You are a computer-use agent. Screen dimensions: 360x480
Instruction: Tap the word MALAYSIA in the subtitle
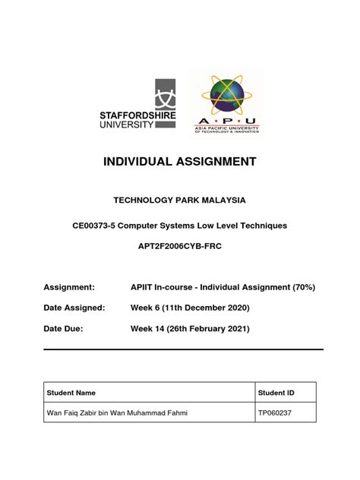222,200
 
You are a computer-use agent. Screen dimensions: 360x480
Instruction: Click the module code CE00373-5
96,226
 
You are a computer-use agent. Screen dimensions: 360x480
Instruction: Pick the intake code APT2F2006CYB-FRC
179,248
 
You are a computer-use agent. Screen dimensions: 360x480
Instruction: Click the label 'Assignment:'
69,287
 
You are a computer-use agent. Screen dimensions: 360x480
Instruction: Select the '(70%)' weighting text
300,287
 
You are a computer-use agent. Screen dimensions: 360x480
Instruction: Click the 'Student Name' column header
71,393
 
